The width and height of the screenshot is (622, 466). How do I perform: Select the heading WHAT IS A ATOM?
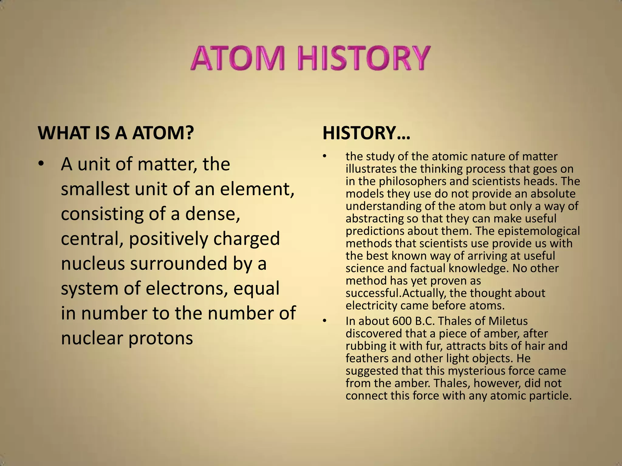[116, 133]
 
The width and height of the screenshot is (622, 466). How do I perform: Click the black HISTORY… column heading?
[366, 133]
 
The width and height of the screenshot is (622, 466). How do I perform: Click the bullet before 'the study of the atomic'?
[324, 157]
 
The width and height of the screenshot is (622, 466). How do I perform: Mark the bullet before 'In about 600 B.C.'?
[324, 321]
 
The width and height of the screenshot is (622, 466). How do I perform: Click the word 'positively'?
[169, 239]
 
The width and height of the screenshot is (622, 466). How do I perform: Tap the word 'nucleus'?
[93, 263]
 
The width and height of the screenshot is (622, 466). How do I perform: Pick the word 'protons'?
[161, 338]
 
